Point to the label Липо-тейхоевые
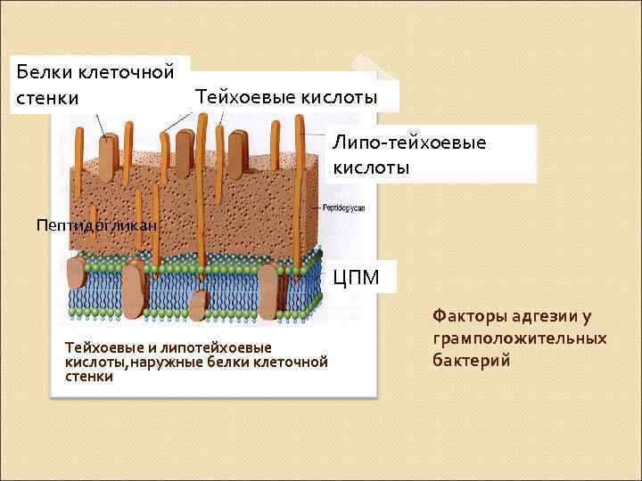pyautogui.click(x=409, y=143)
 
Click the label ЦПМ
pyautogui.click(x=356, y=278)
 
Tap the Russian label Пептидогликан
pyautogui.click(x=96, y=226)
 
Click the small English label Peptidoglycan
pyautogui.click(x=344, y=208)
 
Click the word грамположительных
pyautogui.click(x=519, y=338)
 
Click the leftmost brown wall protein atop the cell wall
pyautogui.click(x=108, y=155)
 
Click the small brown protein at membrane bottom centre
pyautogui.click(x=199, y=305)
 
